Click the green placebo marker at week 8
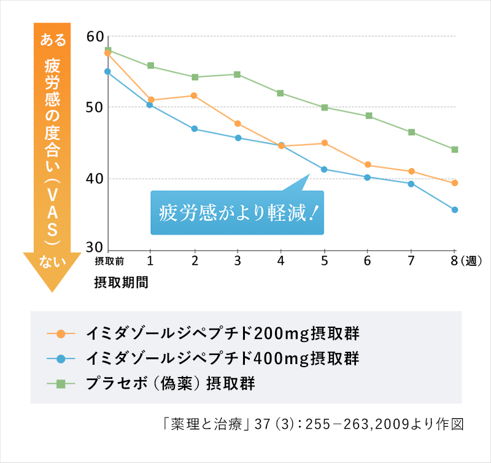tap(455, 149)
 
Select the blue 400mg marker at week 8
tap(455, 210)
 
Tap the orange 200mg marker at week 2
tap(194, 96)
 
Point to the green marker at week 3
tap(238, 74)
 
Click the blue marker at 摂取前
tap(107, 71)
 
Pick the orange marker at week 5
tap(325, 143)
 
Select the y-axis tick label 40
tap(95, 179)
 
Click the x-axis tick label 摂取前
tap(109, 261)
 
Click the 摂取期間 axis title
tap(121, 282)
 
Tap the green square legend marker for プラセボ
tap(60, 384)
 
